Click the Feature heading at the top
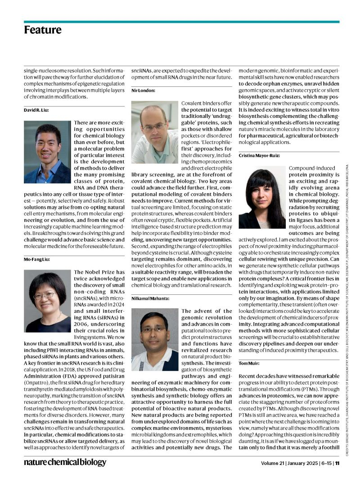click(x=43, y=30)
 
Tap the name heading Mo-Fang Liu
click(x=36, y=260)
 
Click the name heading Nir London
click(x=143, y=90)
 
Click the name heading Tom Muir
click(x=248, y=363)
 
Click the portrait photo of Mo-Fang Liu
click(x=47, y=301)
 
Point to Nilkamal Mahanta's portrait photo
click(x=154, y=339)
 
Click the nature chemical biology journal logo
click(x=65, y=462)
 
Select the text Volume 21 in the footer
click(x=274, y=463)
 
